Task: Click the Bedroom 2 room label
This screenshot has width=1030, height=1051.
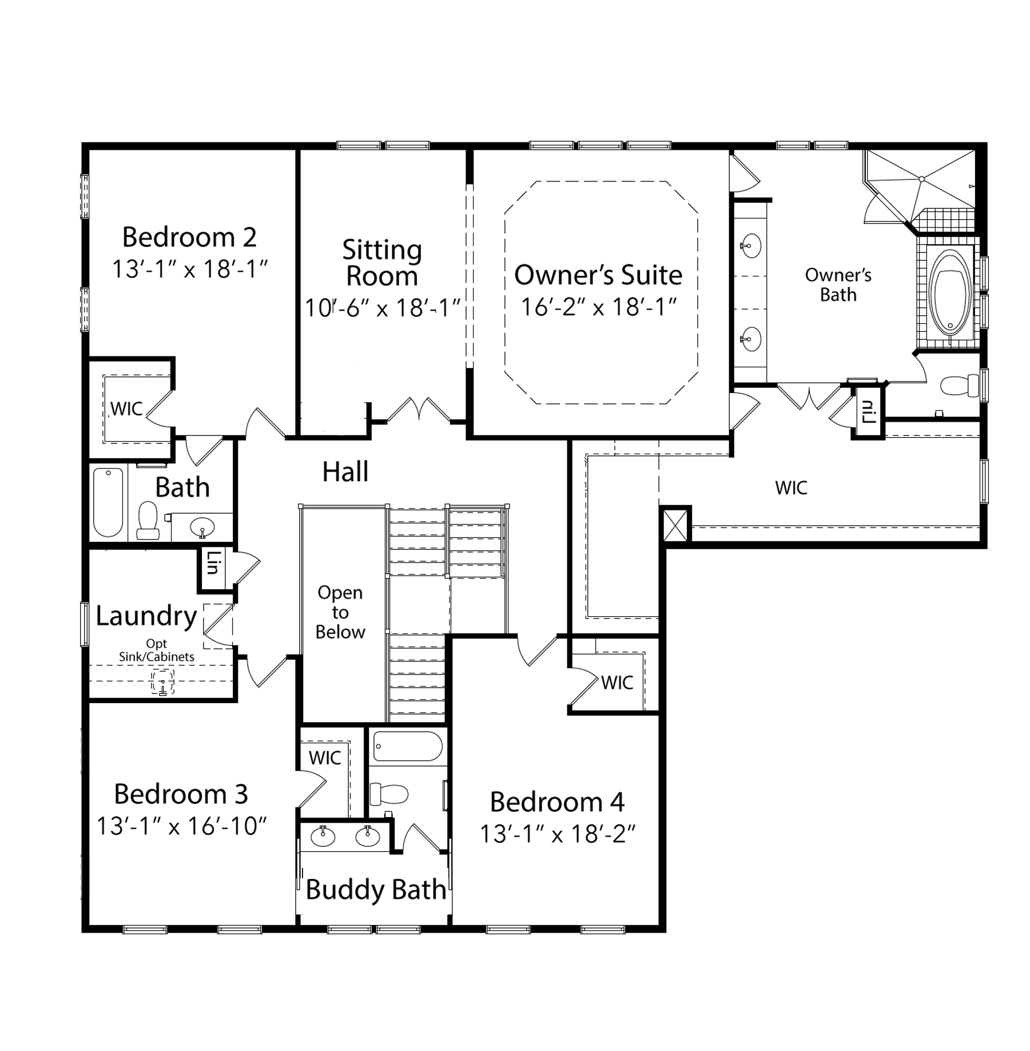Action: (x=189, y=237)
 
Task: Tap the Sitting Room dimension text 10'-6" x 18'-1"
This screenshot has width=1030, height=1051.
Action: (x=383, y=308)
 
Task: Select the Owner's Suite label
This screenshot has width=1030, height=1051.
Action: (x=598, y=275)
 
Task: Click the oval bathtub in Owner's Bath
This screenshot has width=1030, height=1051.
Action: (x=950, y=292)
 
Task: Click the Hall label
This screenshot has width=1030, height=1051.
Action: (x=345, y=471)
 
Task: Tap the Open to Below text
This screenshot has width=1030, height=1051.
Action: (x=340, y=612)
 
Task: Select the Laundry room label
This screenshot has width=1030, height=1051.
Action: (x=146, y=616)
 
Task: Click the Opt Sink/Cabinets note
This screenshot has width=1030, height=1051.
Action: (x=156, y=651)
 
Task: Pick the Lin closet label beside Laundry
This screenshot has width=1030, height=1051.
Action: (x=213, y=562)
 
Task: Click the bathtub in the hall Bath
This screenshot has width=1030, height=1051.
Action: (x=108, y=502)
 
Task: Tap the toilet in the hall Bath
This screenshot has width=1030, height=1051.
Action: (x=148, y=521)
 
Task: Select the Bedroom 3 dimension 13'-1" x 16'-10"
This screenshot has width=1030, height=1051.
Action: (x=181, y=826)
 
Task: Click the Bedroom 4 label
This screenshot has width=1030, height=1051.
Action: (x=557, y=802)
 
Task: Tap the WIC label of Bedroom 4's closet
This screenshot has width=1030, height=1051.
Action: (x=617, y=683)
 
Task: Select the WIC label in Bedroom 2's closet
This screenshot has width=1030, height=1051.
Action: (x=126, y=408)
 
